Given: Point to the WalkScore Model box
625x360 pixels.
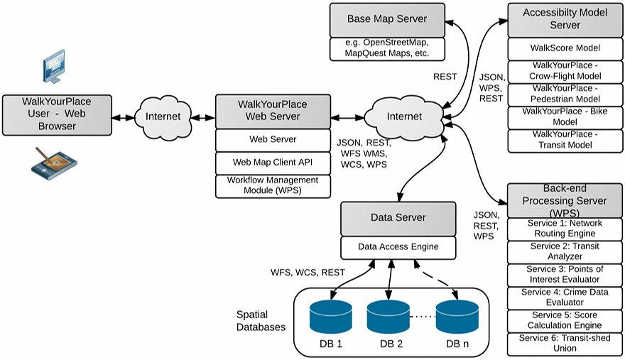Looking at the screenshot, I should (x=566, y=48).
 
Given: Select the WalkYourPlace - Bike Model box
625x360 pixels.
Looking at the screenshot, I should (x=566, y=117).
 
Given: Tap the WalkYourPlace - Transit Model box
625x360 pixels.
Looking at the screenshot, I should (x=566, y=140).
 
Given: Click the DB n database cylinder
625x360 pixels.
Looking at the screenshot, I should (x=456, y=318).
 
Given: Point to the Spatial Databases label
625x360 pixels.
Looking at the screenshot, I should (x=261, y=320).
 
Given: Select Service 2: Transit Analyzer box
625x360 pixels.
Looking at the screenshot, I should (x=566, y=251).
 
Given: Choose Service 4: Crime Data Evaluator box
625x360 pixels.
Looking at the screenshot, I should (x=566, y=298).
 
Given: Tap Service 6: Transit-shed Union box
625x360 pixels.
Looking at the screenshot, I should (x=566, y=344).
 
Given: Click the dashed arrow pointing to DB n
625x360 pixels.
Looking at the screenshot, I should (x=433, y=278).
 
